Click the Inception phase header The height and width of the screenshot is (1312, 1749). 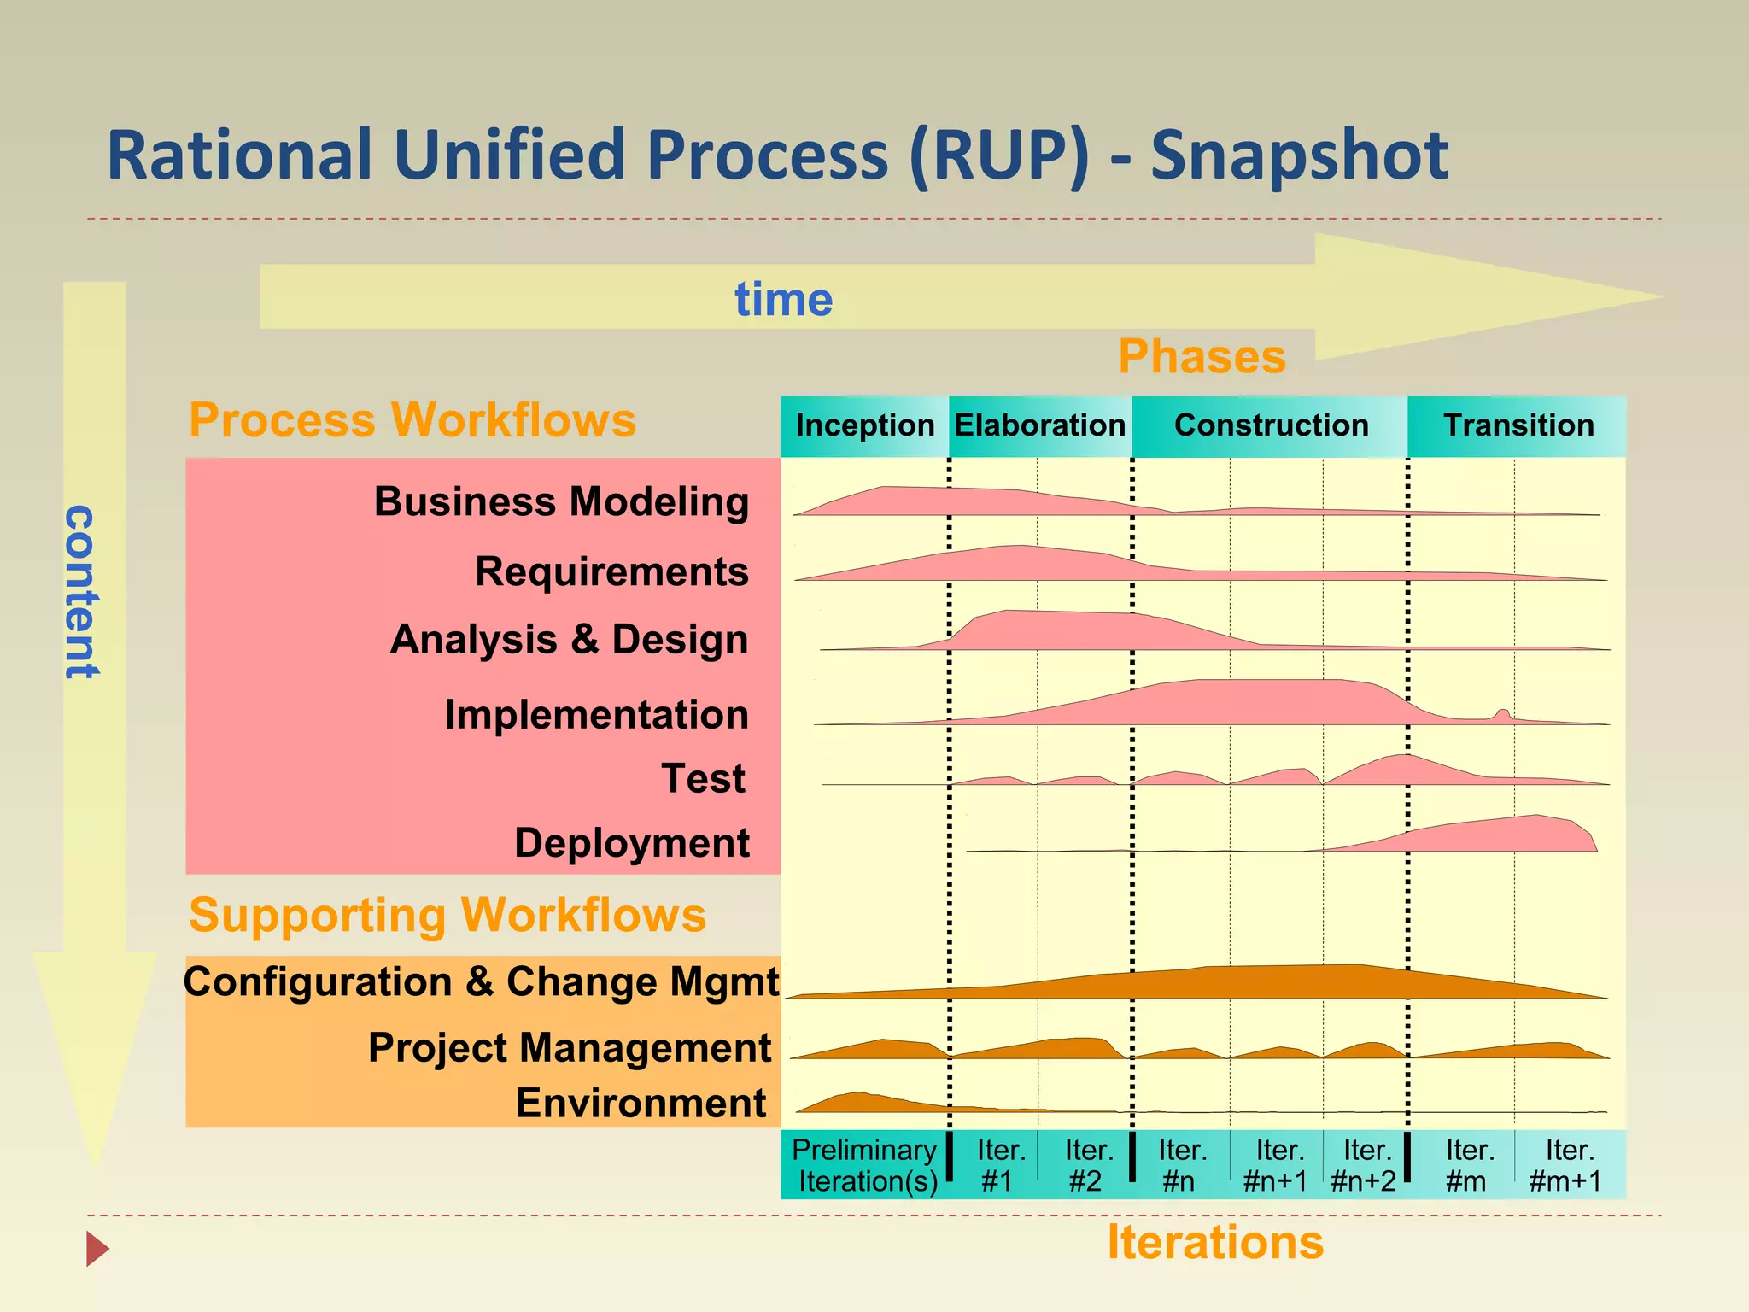(864, 425)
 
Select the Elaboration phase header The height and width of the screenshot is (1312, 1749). (1039, 425)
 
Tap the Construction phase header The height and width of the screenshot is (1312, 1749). (1271, 425)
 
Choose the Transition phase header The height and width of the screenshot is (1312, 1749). (1518, 425)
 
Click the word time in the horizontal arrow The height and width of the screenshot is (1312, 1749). (783, 300)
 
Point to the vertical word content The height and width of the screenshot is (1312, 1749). (81, 591)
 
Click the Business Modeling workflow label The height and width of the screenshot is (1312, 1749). (561, 501)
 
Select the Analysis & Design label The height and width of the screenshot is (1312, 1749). (569, 640)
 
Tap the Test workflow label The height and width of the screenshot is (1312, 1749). (703, 779)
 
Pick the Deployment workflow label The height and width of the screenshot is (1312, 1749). (632, 843)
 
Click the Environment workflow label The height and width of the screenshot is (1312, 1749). (641, 1103)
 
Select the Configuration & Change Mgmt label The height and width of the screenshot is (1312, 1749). (481, 981)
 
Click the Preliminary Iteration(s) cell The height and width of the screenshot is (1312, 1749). (864, 1165)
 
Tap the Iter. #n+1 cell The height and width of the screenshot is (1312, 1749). (1276, 1165)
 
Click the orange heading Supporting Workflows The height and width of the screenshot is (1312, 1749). (447, 915)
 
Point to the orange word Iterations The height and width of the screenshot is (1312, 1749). (1214, 1242)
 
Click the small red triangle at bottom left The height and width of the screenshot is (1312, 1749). (97, 1249)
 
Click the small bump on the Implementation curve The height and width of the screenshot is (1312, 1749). (1502, 713)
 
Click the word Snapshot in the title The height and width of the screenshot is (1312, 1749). (1298, 155)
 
